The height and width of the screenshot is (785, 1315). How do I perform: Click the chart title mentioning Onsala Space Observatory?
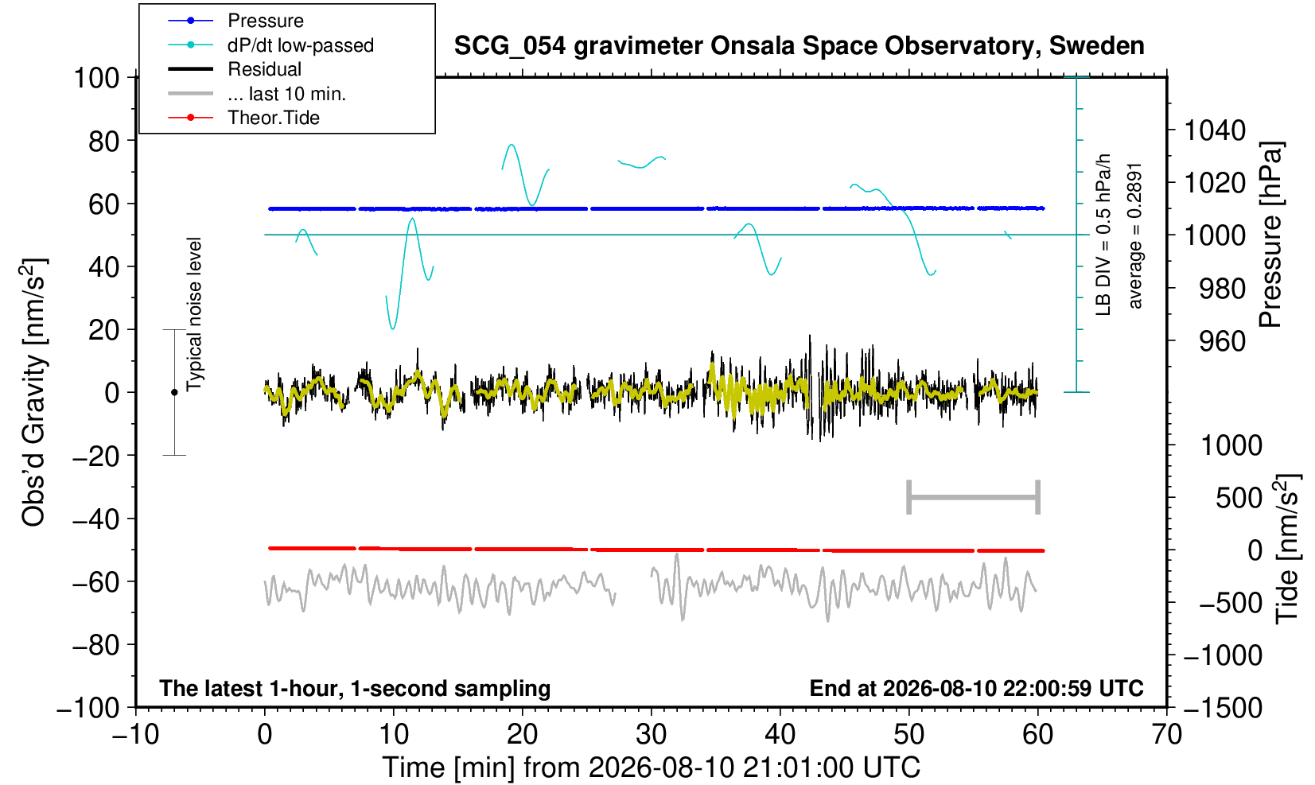point(799,46)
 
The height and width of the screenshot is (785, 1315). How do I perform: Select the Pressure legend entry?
point(266,21)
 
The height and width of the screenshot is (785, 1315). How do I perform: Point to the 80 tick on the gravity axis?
point(104,141)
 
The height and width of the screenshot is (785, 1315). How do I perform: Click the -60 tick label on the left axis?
point(95,582)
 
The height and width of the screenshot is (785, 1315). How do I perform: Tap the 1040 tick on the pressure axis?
point(1214,130)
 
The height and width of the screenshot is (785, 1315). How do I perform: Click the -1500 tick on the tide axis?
point(1223,708)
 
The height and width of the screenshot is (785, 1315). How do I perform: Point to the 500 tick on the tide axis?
point(1239,498)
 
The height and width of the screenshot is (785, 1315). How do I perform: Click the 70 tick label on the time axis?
point(1166,735)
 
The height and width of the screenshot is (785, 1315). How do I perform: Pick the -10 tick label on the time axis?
point(135,735)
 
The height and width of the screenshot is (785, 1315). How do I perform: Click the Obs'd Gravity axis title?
point(33,392)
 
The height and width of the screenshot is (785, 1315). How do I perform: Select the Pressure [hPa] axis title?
point(1271,235)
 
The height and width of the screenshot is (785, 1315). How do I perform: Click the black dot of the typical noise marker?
point(174,392)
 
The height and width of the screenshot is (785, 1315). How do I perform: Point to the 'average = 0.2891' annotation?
point(1135,236)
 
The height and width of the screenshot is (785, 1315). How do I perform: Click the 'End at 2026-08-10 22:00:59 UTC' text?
point(976,688)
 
